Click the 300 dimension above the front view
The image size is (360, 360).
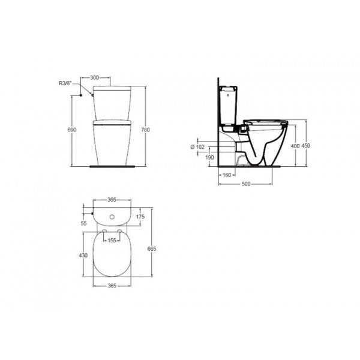pos(94,77)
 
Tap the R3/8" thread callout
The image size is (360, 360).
pos(65,83)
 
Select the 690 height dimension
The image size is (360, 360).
pos(71,130)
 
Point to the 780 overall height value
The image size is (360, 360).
pos(145,130)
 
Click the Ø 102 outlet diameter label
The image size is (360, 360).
pos(197,147)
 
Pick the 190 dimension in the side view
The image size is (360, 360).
pos(209,157)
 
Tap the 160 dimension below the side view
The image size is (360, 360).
pos(227,175)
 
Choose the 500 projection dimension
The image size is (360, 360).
pos(246,184)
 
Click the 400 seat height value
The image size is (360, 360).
pos(295,146)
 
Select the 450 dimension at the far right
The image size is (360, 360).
pos(305,146)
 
